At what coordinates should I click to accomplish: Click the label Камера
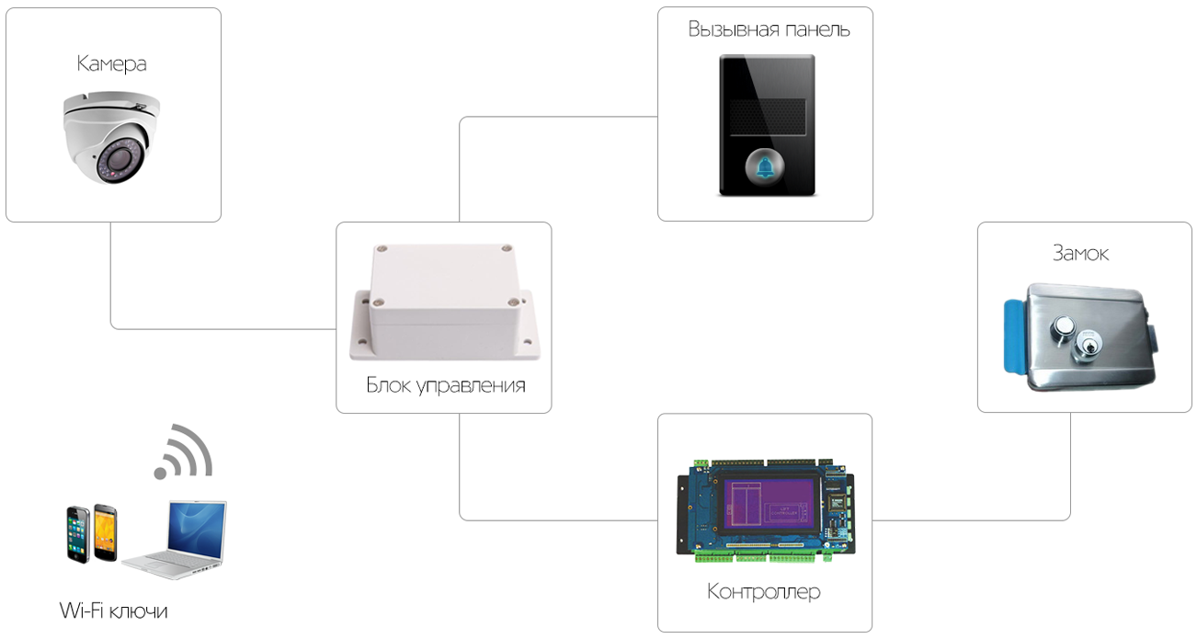[x=111, y=63]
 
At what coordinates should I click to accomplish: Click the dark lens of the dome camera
[x=122, y=160]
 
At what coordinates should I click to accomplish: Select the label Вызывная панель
[x=769, y=29]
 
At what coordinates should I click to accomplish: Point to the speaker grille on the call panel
[x=765, y=117]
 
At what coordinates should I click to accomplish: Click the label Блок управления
[x=446, y=384]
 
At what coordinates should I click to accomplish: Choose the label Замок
[x=1080, y=253]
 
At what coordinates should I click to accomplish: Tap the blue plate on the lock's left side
[x=1015, y=336]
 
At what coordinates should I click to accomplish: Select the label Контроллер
[x=764, y=591]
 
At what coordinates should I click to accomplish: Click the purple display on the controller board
[x=769, y=504]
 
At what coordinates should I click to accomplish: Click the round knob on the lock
[x=1065, y=326]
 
